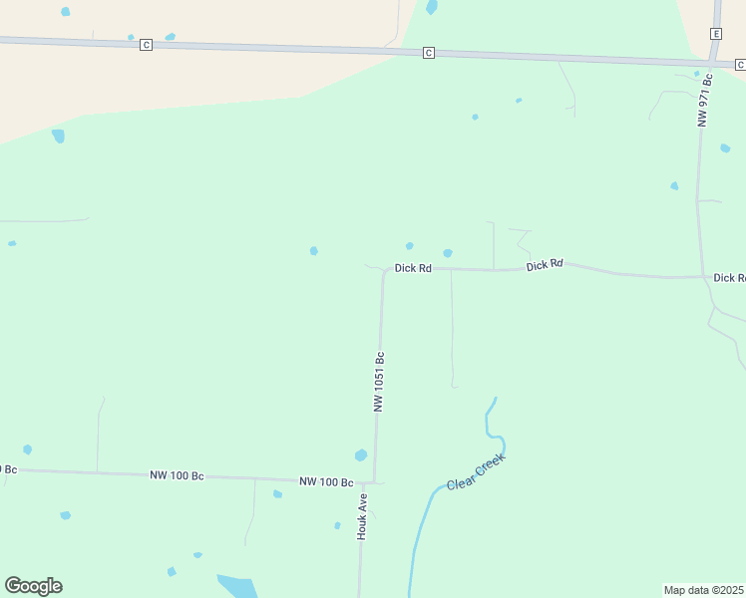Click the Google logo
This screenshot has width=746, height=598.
click(33, 586)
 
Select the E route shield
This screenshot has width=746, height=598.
click(715, 34)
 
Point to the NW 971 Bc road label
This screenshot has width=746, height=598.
click(705, 99)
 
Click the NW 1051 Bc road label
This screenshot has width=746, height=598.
click(379, 382)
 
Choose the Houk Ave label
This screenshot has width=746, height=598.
click(363, 516)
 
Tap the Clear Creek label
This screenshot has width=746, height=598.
click(476, 471)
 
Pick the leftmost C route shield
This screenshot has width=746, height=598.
click(147, 45)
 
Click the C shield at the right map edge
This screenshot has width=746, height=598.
click(740, 64)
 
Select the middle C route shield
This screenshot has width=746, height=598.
click(428, 53)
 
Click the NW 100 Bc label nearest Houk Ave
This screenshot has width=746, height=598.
click(326, 482)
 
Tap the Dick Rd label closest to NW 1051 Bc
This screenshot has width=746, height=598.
click(413, 268)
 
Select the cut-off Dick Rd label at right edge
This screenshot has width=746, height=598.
click(729, 278)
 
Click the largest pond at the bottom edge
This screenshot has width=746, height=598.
click(237, 586)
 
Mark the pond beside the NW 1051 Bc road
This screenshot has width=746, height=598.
click(361, 455)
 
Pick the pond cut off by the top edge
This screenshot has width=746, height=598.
click(432, 7)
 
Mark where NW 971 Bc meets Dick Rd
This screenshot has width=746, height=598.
click(703, 276)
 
